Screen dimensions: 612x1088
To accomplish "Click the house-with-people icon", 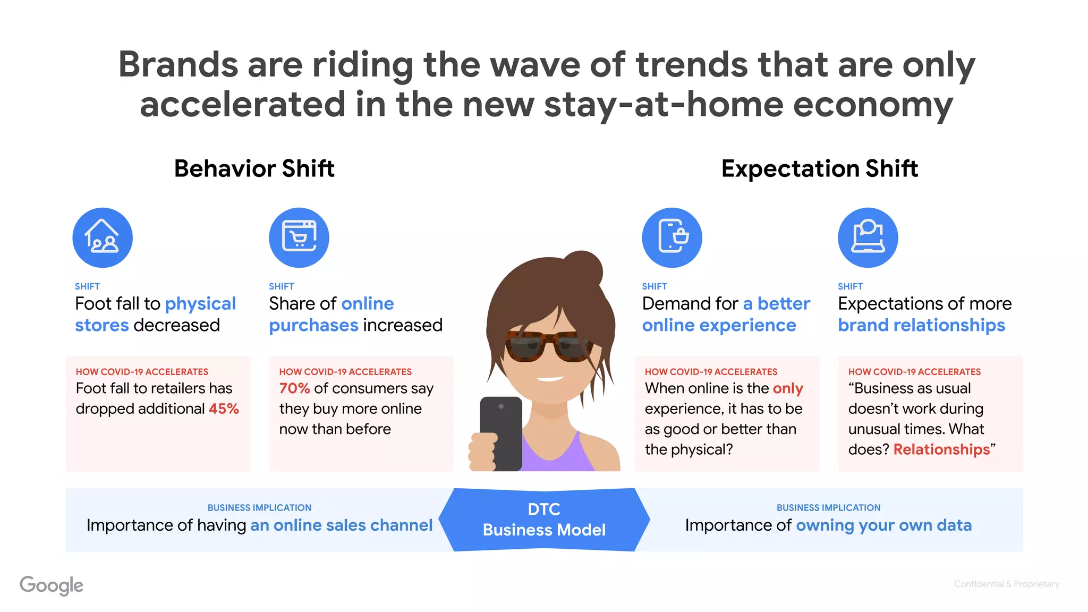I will point(103,237).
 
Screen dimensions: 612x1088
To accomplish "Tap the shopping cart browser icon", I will point(299,237).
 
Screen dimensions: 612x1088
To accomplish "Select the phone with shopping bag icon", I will point(672,237).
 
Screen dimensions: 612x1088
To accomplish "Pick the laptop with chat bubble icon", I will point(868,237).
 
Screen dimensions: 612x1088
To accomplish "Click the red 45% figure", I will point(224,409).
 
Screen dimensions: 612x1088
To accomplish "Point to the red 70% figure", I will point(294,388).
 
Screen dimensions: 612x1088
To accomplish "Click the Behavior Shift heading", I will point(254,168).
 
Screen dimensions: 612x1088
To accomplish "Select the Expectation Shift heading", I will point(819,168).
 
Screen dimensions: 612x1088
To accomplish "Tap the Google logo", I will point(52,585).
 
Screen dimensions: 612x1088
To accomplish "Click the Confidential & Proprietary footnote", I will point(1006,584).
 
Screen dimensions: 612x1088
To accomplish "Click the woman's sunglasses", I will point(549,345).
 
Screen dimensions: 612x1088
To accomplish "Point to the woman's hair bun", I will point(583,268).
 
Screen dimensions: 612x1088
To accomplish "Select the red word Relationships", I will point(941,449).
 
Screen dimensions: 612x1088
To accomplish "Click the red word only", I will point(788,388).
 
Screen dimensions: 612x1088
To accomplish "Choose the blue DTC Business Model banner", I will point(544,520).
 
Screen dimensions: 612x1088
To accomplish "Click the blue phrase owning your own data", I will point(883,525).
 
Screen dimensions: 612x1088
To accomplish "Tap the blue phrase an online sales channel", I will point(341,525).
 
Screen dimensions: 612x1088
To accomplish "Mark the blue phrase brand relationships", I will point(921,325).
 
